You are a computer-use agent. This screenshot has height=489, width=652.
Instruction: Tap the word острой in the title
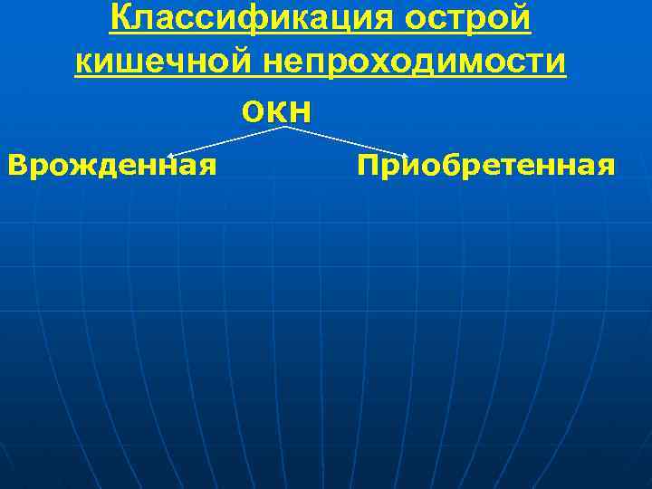(x=473, y=17)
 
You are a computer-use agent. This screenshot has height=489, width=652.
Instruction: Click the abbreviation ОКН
(x=276, y=111)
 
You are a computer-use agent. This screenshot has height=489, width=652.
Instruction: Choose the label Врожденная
(x=111, y=166)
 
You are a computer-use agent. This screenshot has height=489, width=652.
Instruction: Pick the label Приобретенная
(x=486, y=166)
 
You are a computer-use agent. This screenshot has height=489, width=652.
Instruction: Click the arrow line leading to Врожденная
(x=226, y=140)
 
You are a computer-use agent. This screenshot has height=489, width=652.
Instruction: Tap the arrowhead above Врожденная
(x=171, y=155)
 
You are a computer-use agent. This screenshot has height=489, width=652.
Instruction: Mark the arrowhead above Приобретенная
(x=406, y=155)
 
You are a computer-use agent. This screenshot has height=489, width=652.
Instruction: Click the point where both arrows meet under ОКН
(x=286, y=127)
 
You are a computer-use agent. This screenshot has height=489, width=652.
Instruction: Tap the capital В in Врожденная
(x=15, y=166)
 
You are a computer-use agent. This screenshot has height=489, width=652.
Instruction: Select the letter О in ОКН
(x=251, y=111)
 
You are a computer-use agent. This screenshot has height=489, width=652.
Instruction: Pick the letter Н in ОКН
(x=302, y=111)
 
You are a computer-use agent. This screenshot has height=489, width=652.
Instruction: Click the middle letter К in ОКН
(x=275, y=111)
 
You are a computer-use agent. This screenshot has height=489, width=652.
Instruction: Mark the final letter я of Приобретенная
(x=606, y=168)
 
